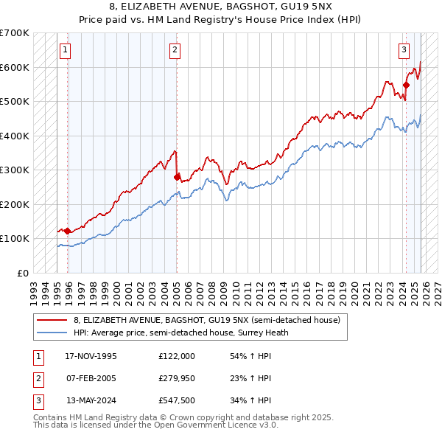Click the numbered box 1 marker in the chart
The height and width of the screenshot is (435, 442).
coord(66,50)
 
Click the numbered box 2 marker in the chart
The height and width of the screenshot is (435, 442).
coord(175,50)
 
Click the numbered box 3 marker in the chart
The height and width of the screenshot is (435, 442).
coord(404,50)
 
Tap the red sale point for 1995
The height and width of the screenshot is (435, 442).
coord(68,231)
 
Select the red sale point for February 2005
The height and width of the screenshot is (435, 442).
coord(177,177)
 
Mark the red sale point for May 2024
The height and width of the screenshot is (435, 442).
coord(406,86)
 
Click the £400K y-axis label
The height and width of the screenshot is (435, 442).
coord(15,136)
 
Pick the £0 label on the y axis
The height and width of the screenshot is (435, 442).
coord(22,273)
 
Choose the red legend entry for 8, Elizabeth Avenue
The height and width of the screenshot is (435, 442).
coord(206,320)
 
